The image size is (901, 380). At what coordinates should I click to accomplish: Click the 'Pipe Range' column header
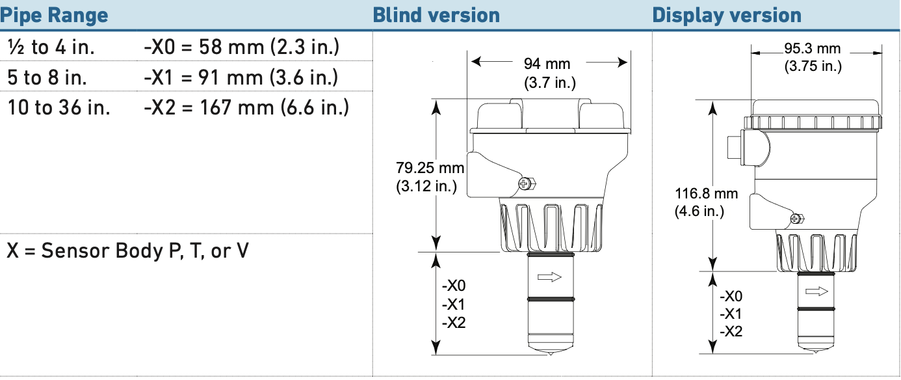pos(55,16)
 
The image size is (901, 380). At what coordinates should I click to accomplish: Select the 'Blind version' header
pos(436,16)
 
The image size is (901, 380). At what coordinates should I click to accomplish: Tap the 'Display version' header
pos(727,16)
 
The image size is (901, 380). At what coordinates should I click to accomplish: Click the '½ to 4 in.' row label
pos(51,47)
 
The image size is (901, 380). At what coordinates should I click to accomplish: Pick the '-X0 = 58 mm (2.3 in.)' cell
pos(242,47)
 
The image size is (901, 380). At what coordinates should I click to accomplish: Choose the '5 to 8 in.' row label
pos(47,77)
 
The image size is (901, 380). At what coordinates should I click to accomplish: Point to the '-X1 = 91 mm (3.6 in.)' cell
pos(241,77)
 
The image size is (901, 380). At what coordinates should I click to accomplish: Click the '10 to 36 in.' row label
pos(59,107)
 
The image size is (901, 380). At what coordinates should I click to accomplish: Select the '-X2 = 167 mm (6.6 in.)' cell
pos(246,107)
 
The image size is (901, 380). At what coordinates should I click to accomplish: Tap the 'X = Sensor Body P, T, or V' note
pos(128,251)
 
